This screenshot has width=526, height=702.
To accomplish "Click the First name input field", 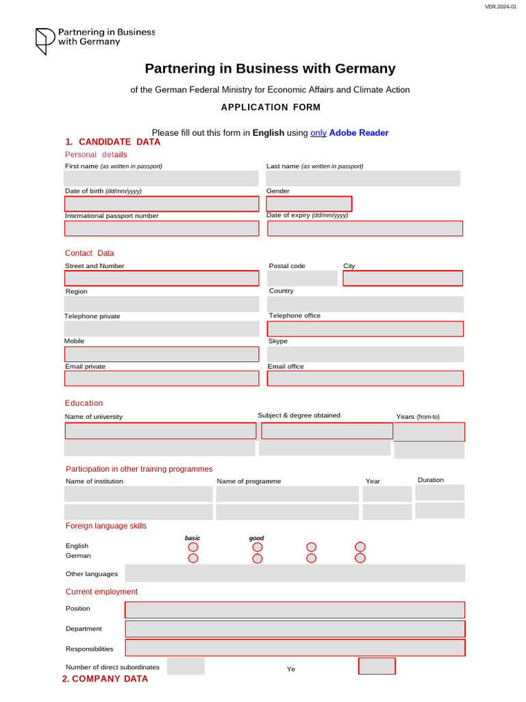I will click(x=162, y=178).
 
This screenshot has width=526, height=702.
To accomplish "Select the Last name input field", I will click(x=363, y=178).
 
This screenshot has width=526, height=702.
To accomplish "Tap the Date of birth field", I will click(x=162, y=204).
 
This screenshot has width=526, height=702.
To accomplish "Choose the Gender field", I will click(x=309, y=204).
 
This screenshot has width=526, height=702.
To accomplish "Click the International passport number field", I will click(x=162, y=228).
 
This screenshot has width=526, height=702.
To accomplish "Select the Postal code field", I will click(x=302, y=278).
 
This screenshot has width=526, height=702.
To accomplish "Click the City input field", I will click(x=403, y=278).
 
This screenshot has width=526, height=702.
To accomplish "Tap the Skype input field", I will click(x=365, y=354).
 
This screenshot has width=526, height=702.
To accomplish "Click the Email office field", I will click(x=365, y=378).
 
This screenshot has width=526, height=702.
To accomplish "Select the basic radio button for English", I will click(x=193, y=547).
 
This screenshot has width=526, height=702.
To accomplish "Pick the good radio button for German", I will click(x=258, y=559).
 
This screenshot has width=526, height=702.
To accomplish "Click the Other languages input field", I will click(x=295, y=573).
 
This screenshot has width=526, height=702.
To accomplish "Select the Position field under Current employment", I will click(x=295, y=609).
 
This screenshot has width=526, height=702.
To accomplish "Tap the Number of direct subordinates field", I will click(x=186, y=666).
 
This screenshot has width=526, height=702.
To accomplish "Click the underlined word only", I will click(x=318, y=133).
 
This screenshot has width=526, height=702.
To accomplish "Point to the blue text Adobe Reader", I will click(x=359, y=133).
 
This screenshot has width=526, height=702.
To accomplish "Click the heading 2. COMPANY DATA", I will click(x=105, y=679).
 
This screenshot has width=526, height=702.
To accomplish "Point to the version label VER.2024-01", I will click(x=501, y=6).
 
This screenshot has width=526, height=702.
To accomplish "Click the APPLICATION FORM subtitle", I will click(x=271, y=107).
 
